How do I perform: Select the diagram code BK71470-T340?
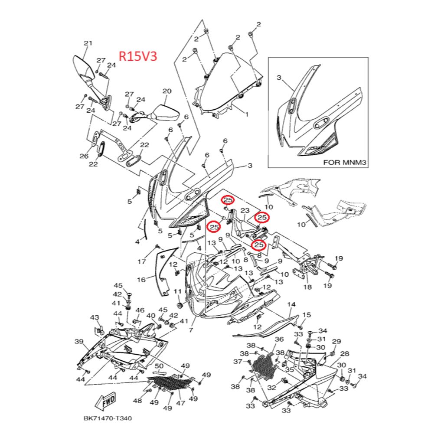[107, 419]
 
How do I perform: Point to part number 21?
[88, 43]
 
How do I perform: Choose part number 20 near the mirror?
[167, 91]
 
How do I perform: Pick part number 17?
[142, 261]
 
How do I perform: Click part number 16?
[142, 280]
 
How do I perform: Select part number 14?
[291, 305]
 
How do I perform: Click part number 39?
[79, 342]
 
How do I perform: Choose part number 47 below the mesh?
[180, 403]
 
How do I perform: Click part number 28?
[345, 354]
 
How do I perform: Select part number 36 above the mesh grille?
[279, 340]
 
